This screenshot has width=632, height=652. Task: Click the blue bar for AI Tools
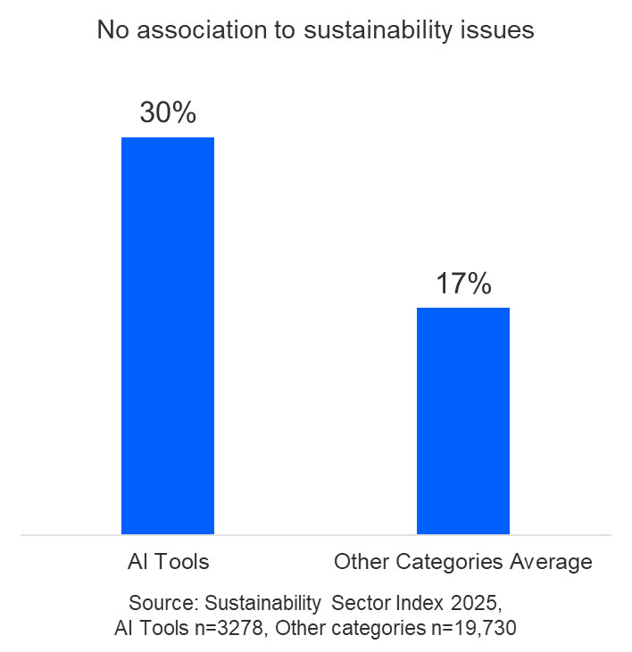click(x=168, y=335)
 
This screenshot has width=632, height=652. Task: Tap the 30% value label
click(x=168, y=113)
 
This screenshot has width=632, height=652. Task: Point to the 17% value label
click(x=463, y=284)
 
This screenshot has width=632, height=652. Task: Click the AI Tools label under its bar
click(x=168, y=562)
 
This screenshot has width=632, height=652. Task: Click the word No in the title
click(x=110, y=30)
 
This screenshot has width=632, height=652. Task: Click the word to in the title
click(x=268, y=30)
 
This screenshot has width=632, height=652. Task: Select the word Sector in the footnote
click(x=358, y=602)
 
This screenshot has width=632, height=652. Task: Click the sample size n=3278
click(x=231, y=629)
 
